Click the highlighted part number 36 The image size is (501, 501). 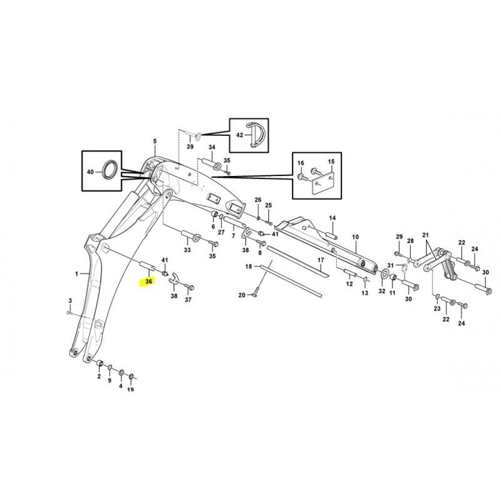click(148, 281)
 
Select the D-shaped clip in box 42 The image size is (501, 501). click(256, 135)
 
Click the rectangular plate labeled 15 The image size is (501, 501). click(323, 183)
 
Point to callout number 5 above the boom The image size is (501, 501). click(155, 142)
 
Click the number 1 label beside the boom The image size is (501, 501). click(76, 274)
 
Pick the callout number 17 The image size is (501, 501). click(321, 261)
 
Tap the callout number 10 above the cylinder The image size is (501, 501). click(355, 237)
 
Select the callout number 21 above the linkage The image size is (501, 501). click(425, 235)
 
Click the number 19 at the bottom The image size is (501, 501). click(130, 389)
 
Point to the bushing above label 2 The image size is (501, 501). click(100, 363)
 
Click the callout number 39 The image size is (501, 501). click(190, 147)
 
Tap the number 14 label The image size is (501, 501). click(333, 218)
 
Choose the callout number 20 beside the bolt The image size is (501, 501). click(242, 295)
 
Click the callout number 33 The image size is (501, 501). click(187, 249)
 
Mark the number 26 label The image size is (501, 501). click(258, 200)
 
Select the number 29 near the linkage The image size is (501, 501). click(400, 237)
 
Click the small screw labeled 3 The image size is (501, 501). click(68, 312)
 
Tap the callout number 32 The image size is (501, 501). click(382, 291)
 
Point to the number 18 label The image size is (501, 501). click(249, 267)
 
